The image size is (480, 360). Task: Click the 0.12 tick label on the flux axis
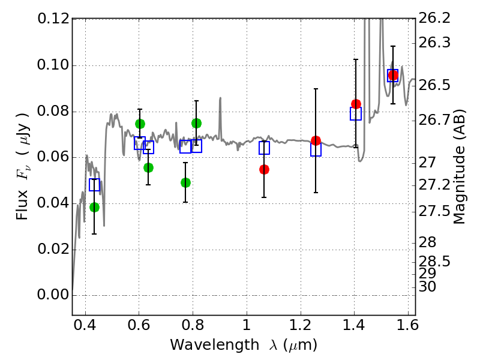[53, 19]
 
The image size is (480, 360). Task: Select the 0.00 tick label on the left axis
[53, 295]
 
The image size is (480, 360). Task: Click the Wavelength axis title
[243, 345]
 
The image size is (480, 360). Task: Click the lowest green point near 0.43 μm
[94, 207]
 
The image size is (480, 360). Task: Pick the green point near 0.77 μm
[185, 182]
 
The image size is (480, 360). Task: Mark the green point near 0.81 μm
[196, 123]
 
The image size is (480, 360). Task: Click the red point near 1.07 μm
[264, 169]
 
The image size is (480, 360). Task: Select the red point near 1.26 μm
[316, 140]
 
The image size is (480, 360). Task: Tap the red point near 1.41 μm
[356, 104]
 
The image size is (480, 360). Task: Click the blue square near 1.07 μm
[264, 148]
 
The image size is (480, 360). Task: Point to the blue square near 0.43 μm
[94, 185]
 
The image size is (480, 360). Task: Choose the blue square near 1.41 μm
[356, 113]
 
